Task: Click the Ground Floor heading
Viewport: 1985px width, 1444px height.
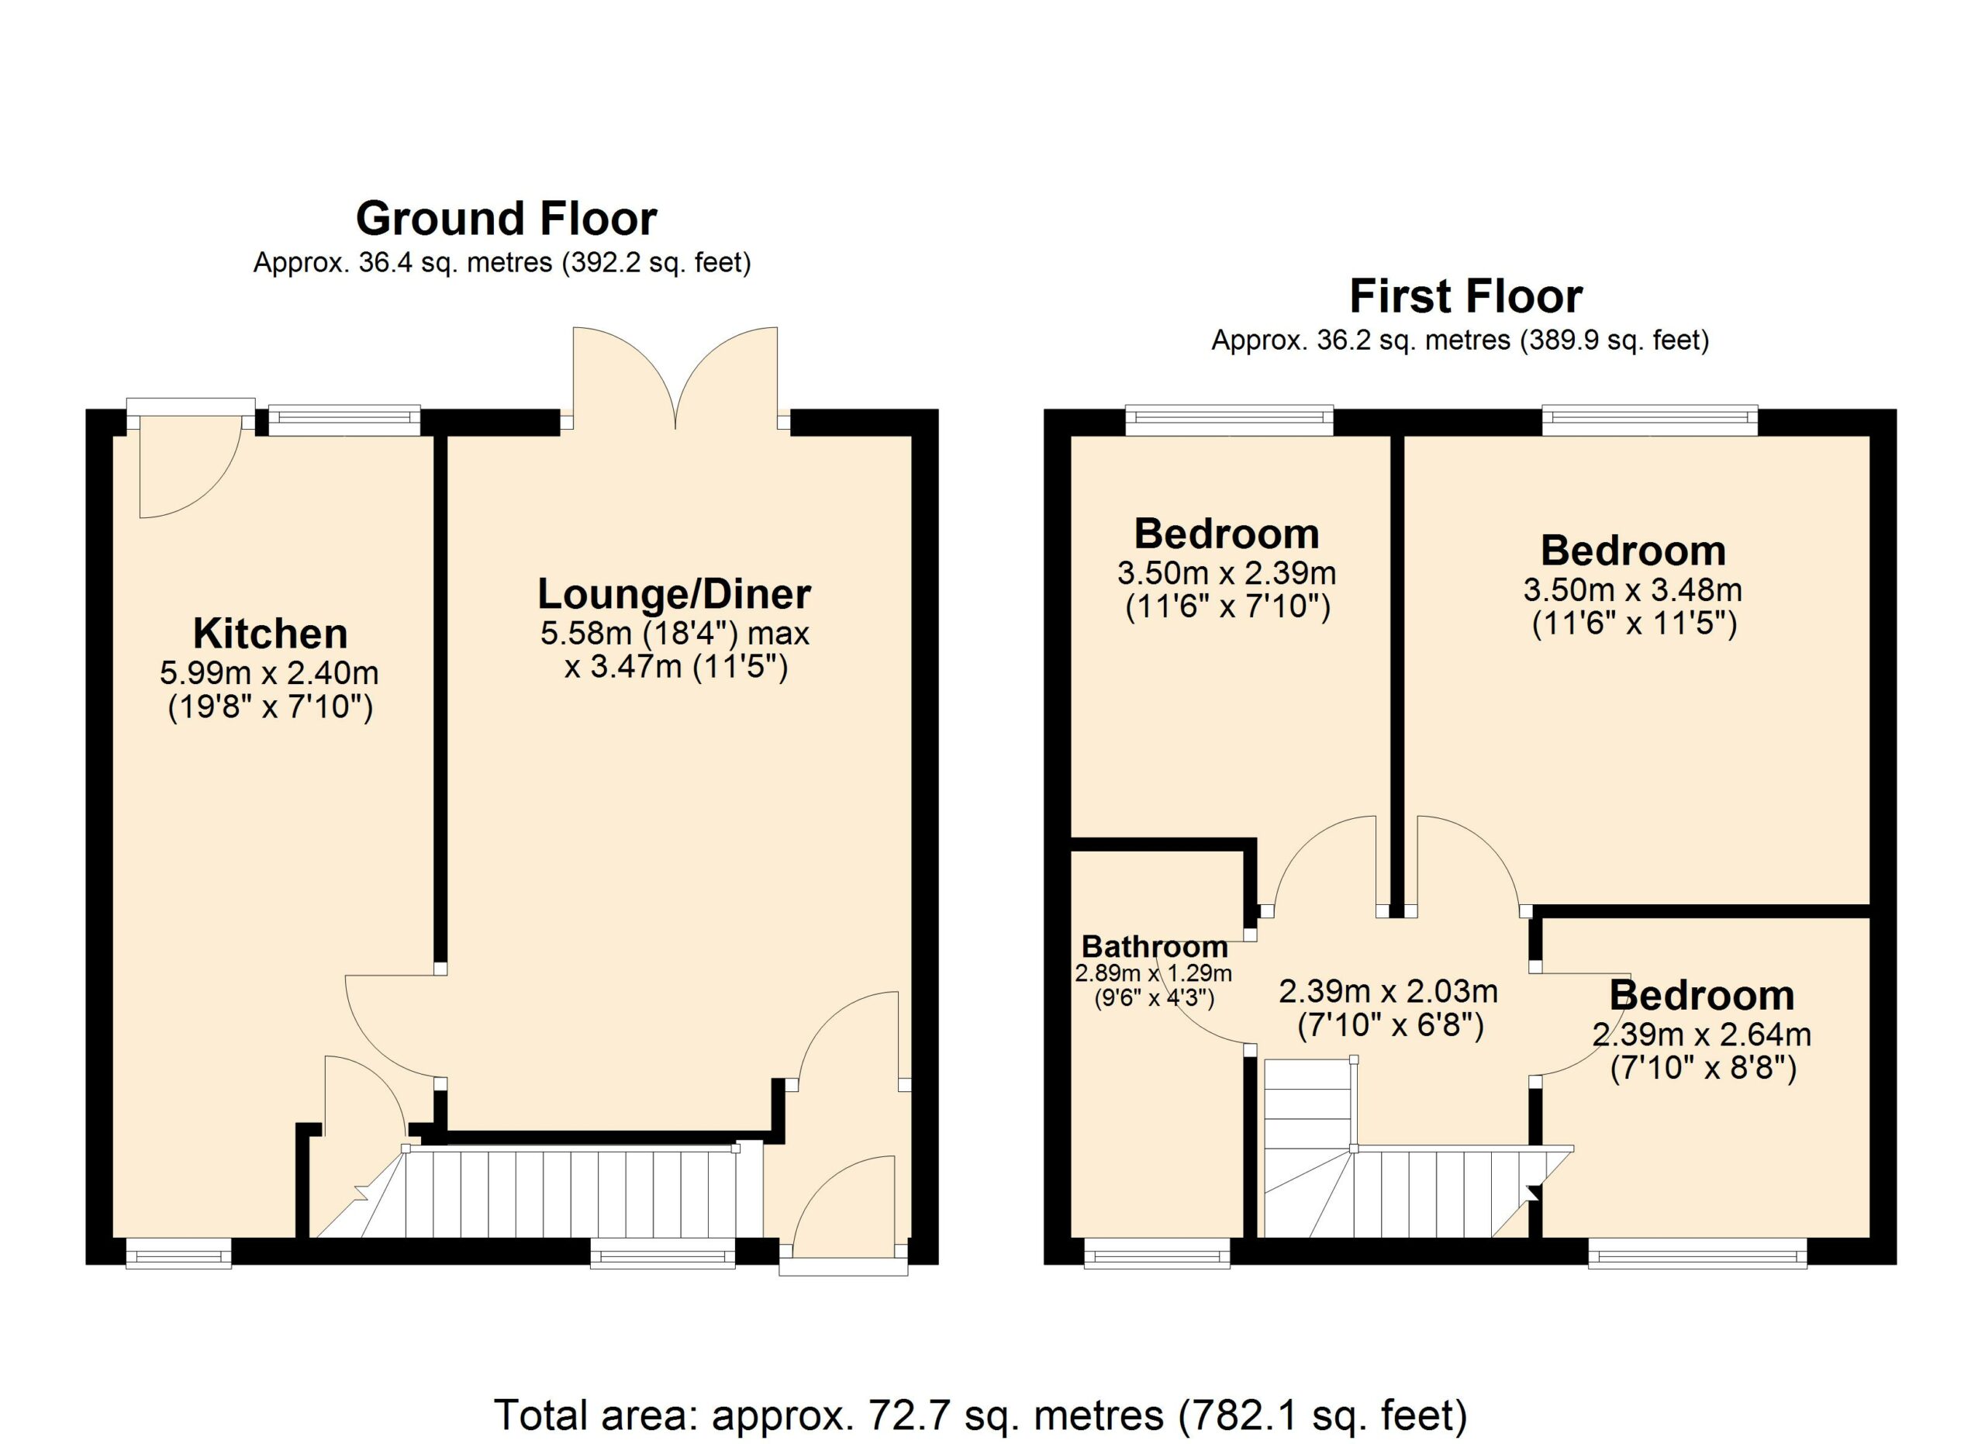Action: tap(506, 219)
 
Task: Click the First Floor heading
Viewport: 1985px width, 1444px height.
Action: tap(1466, 297)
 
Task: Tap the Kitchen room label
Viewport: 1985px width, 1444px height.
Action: tap(270, 633)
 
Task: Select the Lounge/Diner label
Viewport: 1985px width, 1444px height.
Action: tap(674, 594)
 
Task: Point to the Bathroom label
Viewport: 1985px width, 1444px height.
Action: tap(1155, 946)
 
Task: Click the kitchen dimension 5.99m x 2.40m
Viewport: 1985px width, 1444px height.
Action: tap(269, 673)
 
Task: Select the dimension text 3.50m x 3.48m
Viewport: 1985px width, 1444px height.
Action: tap(1633, 590)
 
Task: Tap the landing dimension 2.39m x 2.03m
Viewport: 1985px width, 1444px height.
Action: tap(1389, 992)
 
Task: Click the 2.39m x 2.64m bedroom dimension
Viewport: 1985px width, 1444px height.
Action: tap(1701, 1035)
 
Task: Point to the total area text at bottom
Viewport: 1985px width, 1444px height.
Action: tap(980, 1415)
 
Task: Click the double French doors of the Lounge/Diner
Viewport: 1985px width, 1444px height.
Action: tap(675, 378)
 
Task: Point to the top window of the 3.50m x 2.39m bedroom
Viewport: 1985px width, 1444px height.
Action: tap(1229, 420)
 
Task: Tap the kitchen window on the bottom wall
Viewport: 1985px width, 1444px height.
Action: tap(178, 1253)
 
